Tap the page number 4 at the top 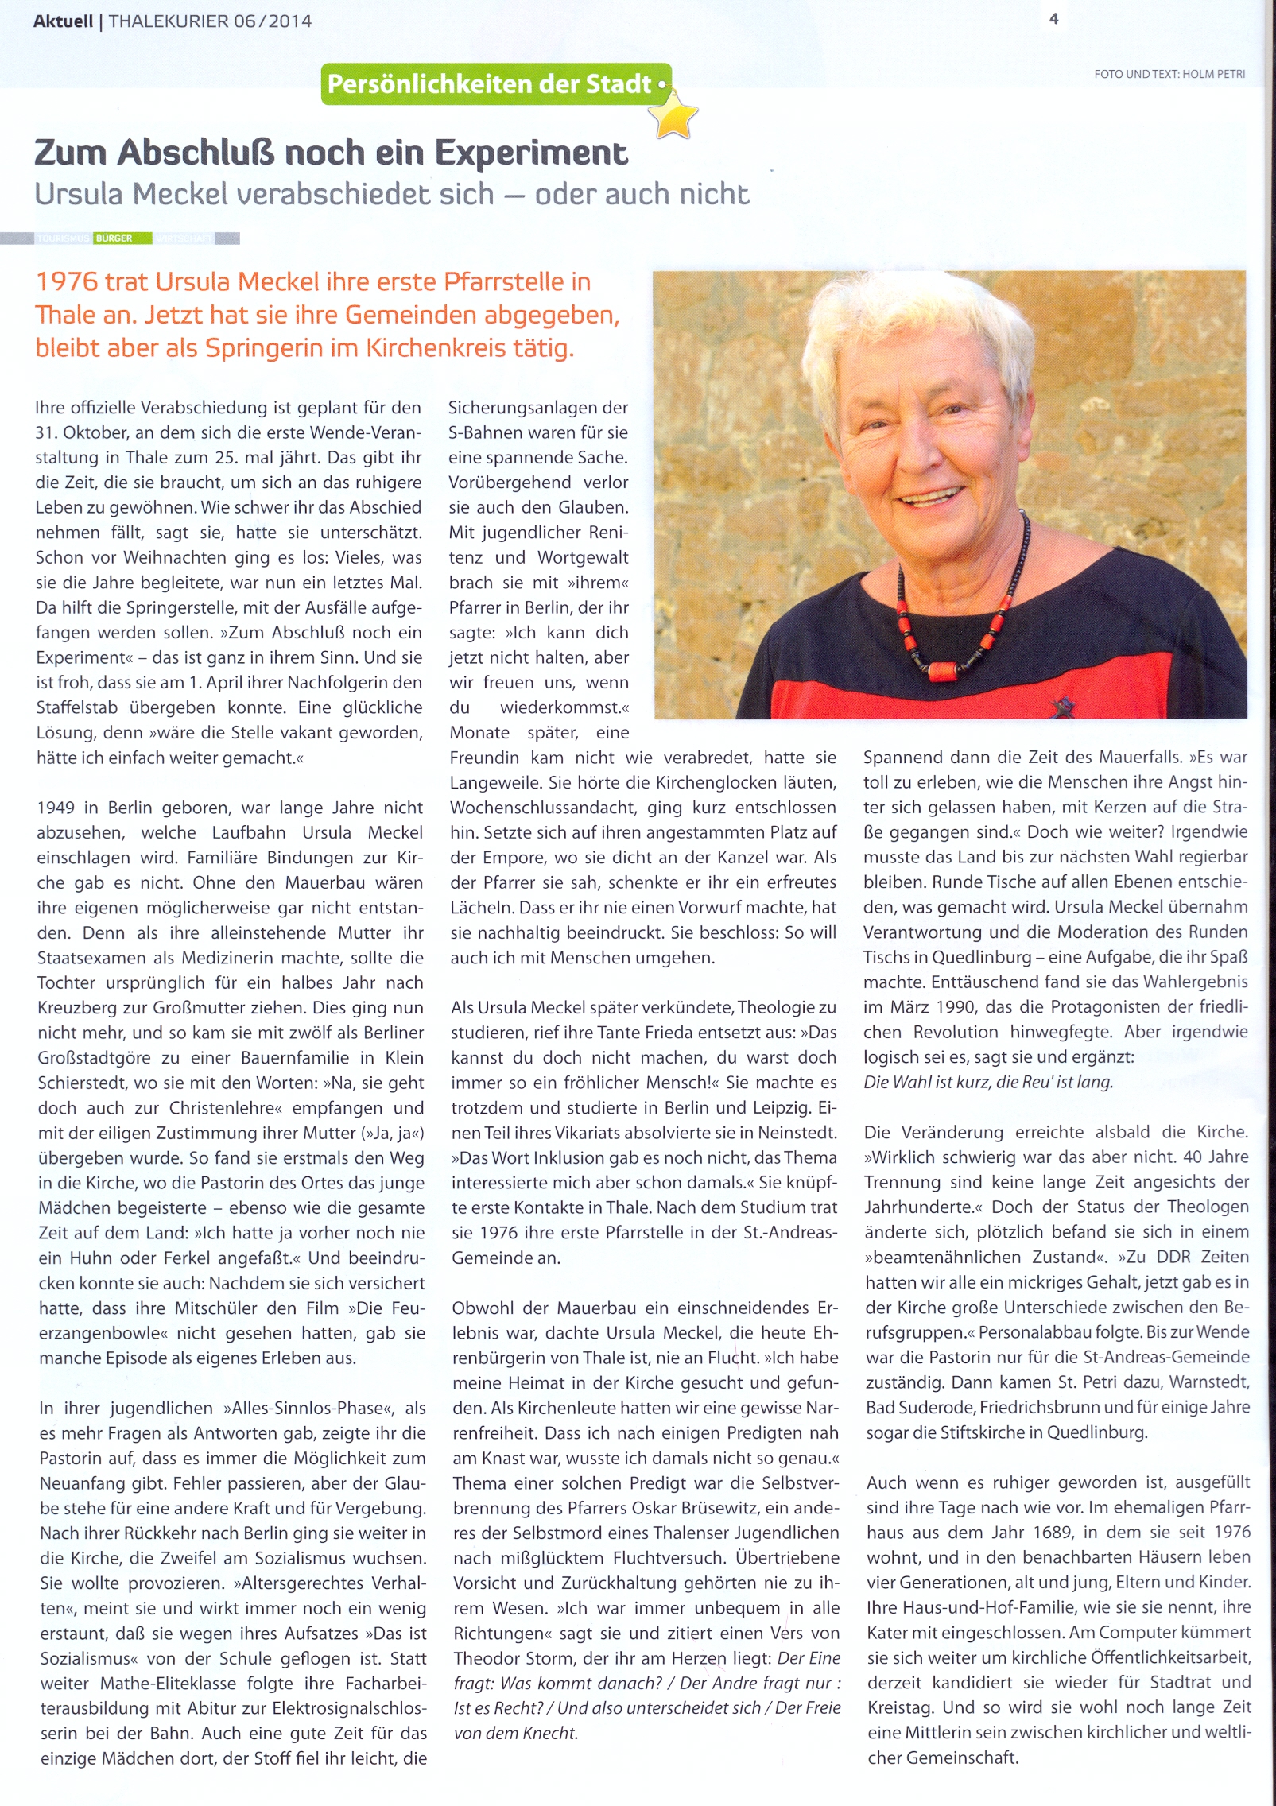pos(1053,19)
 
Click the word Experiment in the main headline pos(532,153)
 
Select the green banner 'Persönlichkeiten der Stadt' pos(495,84)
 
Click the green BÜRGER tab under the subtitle pos(114,238)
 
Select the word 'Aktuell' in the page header pos(63,22)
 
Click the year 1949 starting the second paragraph pos(56,808)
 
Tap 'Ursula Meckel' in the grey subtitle pos(131,195)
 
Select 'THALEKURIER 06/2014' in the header pos(210,22)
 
